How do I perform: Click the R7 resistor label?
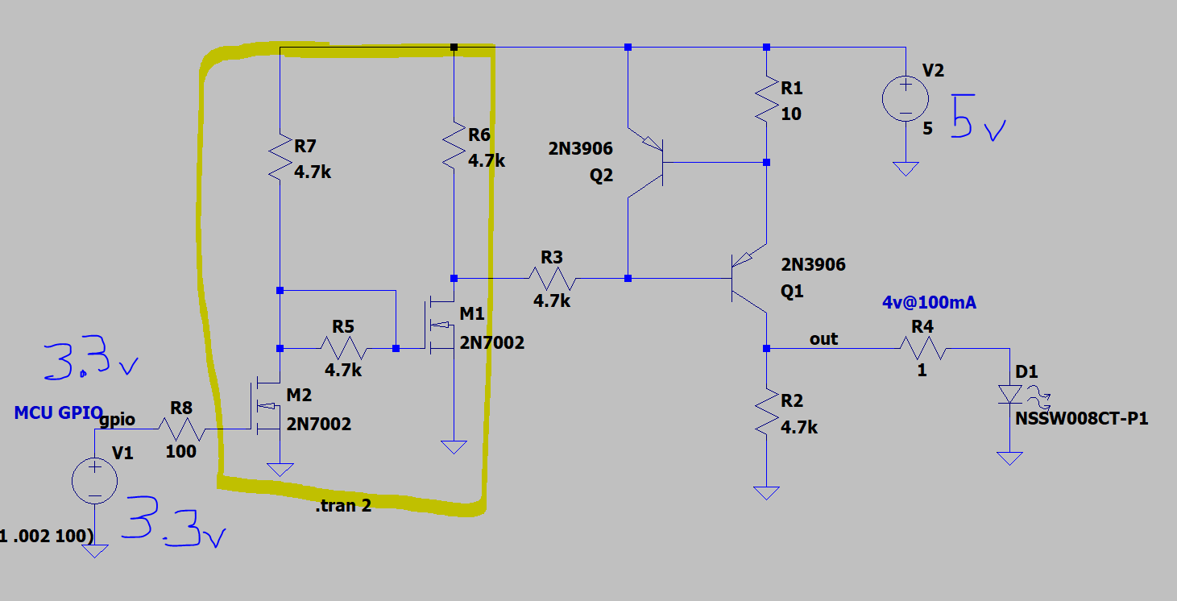click(x=305, y=146)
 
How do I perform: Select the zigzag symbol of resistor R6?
click(x=454, y=146)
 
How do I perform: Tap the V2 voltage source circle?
click(x=906, y=99)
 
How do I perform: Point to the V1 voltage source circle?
click(x=94, y=481)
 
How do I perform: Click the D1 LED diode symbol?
click(x=1010, y=395)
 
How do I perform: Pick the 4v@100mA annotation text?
click(x=929, y=303)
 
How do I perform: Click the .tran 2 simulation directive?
click(x=343, y=505)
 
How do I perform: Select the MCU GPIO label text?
click(x=58, y=413)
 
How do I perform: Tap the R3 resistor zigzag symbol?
click(x=552, y=279)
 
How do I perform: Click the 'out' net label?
click(x=823, y=339)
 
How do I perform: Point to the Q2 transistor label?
click(x=601, y=175)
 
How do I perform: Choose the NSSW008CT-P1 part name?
click(x=1081, y=419)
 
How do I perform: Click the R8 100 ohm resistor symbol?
click(x=182, y=429)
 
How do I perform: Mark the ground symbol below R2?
click(x=766, y=493)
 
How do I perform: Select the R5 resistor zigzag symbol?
click(x=344, y=348)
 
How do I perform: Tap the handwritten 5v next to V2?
click(x=978, y=118)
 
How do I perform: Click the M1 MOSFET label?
click(x=472, y=313)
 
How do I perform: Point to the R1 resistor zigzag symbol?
click(x=767, y=99)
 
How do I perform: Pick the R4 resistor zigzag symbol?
click(x=923, y=348)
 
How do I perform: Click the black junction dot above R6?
click(x=454, y=48)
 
